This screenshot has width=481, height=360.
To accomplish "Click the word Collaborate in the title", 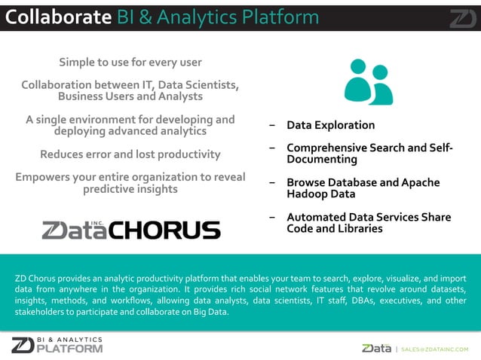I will click(59, 17).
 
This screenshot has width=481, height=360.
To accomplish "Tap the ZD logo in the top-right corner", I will click(462, 17).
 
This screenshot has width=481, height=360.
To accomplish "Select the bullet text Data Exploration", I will click(330, 125).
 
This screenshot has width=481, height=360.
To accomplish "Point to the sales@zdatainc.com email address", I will click(435, 349).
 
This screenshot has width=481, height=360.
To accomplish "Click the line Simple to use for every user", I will click(130, 62).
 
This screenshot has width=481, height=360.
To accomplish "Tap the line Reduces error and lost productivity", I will click(130, 154).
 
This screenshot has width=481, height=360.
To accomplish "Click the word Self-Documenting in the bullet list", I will click(323, 160).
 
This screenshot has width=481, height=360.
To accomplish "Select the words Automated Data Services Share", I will click(368, 217).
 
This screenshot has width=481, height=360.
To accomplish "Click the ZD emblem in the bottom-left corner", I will click(23, 345).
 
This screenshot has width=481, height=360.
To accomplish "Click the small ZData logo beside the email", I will click(376, 348).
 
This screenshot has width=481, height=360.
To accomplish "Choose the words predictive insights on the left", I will click(130, 189).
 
